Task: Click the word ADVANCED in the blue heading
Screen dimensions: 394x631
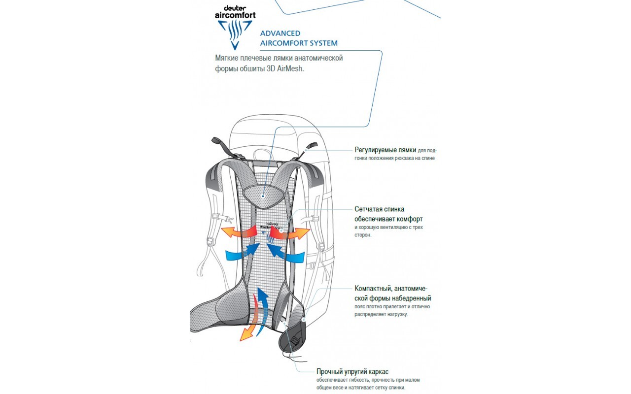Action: tap(280, 33)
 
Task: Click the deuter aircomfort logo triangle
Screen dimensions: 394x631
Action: tap(235, 34)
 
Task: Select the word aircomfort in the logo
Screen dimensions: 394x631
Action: tap(235, 15)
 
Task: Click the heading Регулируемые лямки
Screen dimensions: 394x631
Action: tap(385, 150)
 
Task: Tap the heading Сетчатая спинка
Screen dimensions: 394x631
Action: tap(379, 209)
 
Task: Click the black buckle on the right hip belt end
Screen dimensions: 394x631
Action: tap(295, 340)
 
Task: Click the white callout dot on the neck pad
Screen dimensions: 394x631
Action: tap(264, 196)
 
